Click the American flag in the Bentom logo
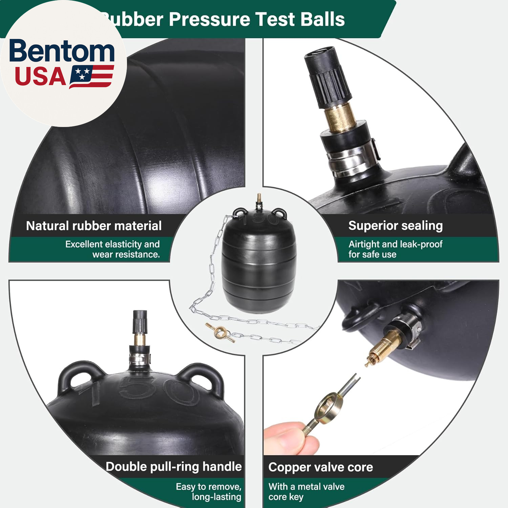pyautogui.click(x=91, y=77)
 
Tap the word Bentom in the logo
pyautogui.click(x=62, y=51)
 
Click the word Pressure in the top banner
pyautogui.click(x=209, y=19)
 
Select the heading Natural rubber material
pyautogui.click(x=94, y=226)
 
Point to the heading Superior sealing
pyautogui.click(x=396, y=226)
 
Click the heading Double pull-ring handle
pyautogui.click(x=174, y=467)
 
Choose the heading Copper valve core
pyautogui.click(x=321, y=467)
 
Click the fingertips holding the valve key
pyautogui.click(x=291, y=439)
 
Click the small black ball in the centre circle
pyautogui.click(x=259, y=261)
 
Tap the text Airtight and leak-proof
pyautogui.click(x=396, y=244)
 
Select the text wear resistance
pyautogui.click(x=126, y=254)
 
